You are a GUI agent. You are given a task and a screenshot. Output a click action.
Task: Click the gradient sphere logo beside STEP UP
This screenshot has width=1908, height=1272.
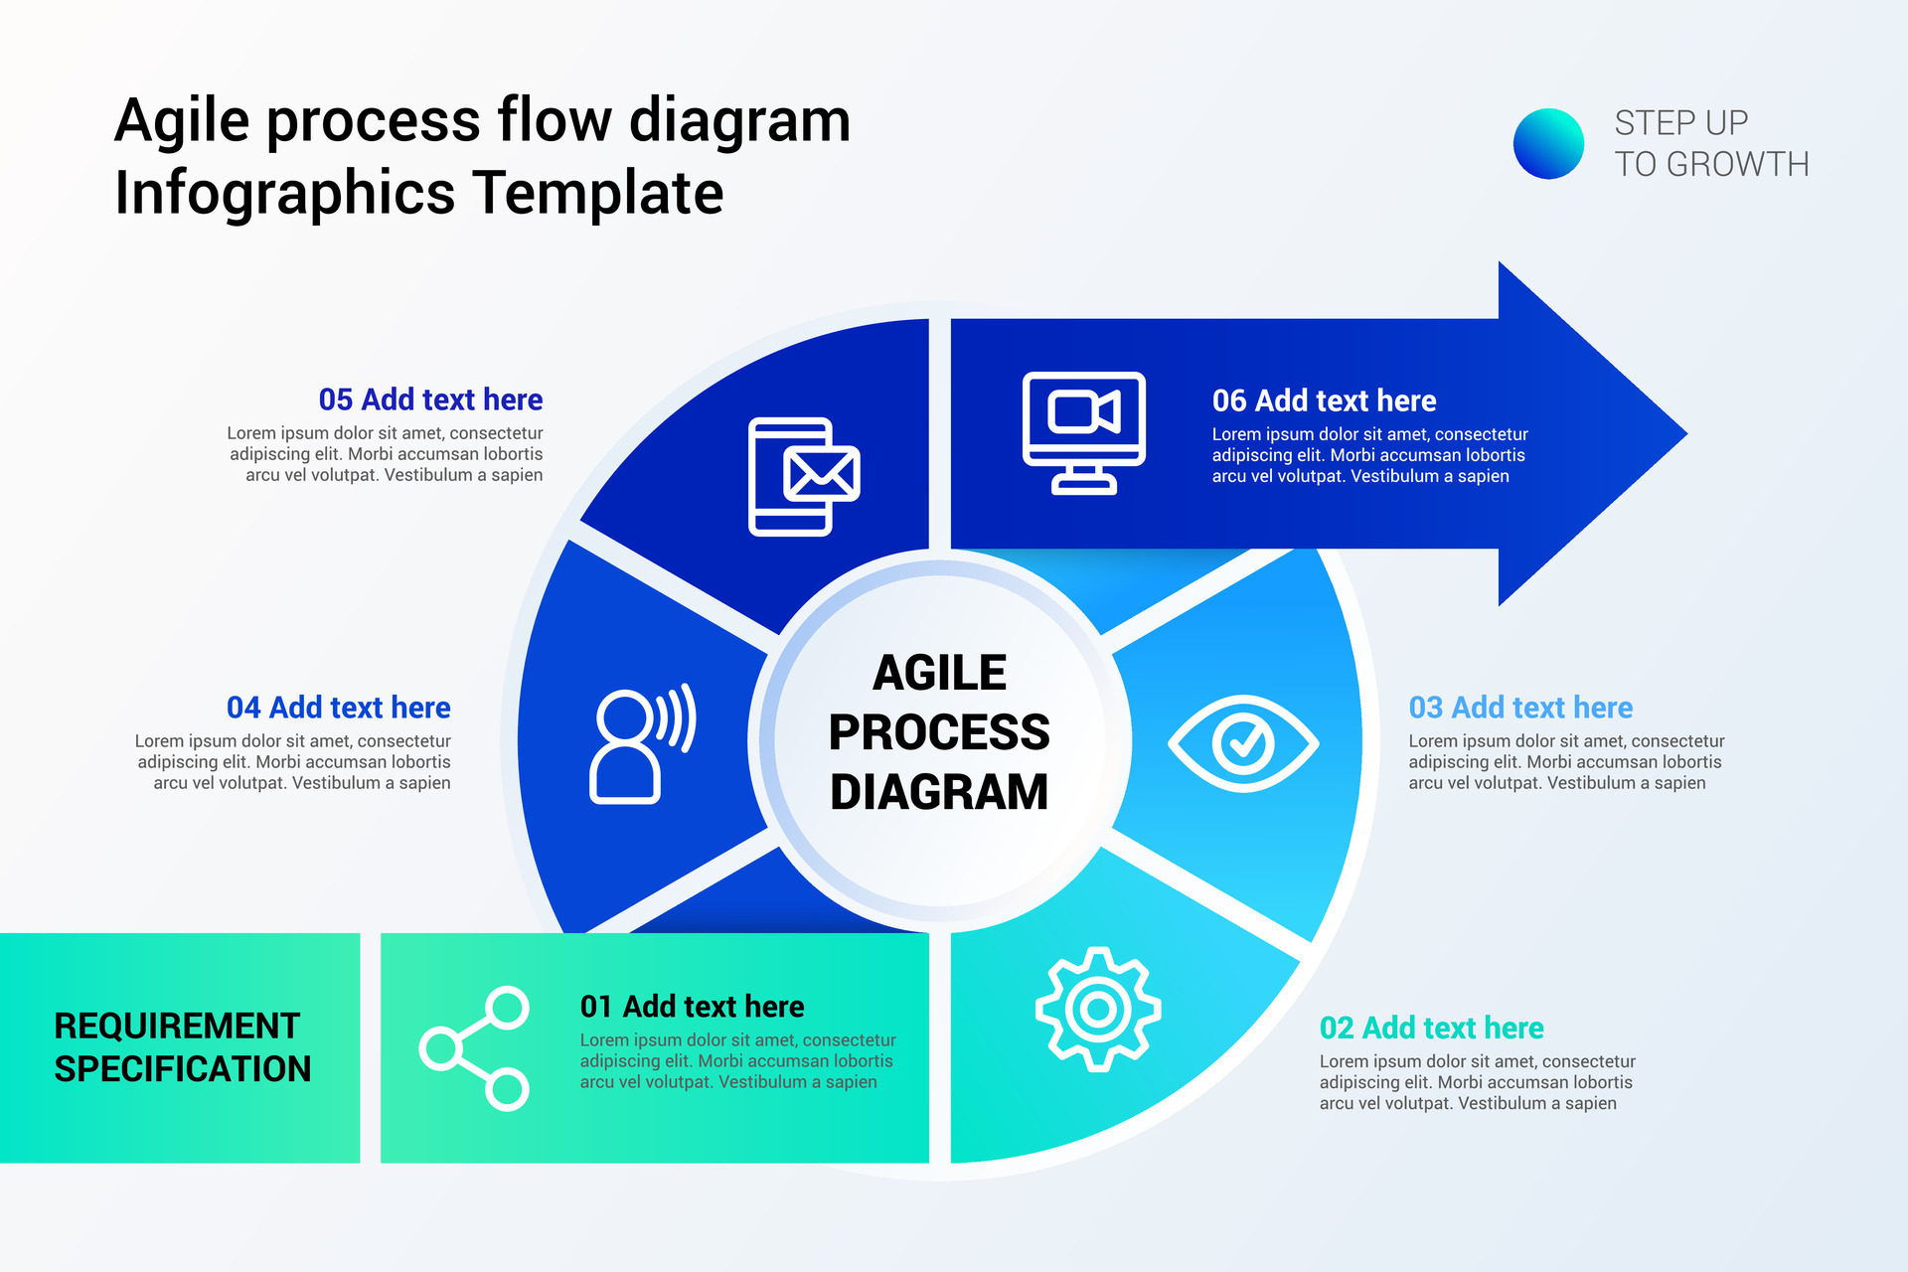coord(1548,144)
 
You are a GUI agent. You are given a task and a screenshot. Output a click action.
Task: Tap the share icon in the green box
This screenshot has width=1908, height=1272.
coord(474,1048)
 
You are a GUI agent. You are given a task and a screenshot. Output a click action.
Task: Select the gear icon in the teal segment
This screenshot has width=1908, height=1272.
coord(1097,1010)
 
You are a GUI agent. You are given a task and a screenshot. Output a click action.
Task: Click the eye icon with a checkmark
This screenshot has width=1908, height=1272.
coord(1242,743)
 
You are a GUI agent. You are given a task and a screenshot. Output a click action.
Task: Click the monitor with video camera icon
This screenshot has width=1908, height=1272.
coord(1084,431)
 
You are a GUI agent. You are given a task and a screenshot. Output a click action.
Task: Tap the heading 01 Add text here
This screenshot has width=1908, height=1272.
coord(692,1007)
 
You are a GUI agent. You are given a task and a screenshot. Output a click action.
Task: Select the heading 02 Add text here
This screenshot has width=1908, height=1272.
coord(1431,1028)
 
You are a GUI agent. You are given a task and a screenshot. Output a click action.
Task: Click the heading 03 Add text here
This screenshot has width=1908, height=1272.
coord(1520,708)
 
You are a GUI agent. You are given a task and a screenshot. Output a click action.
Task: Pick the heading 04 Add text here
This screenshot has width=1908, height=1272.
coord(339,708)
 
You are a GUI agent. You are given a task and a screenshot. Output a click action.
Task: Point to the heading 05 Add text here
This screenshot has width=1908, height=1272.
coord(430,399)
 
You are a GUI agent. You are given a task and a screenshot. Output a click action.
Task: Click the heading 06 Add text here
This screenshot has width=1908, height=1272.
coord(1324,400)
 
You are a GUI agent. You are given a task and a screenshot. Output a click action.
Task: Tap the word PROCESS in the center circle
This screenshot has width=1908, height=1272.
coord(939,732)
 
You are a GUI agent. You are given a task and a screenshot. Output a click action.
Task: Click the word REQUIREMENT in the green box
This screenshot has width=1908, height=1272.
coord(177,1026)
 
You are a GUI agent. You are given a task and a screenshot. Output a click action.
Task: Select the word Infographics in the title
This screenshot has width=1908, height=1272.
coord(286,193)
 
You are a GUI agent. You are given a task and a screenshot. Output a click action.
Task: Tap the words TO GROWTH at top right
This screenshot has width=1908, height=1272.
coord(1711,164)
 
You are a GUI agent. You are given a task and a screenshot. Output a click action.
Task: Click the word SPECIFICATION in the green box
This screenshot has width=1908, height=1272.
coord(183,1069)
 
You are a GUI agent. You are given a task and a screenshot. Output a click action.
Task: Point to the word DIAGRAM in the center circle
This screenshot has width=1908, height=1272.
coord(939,792)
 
